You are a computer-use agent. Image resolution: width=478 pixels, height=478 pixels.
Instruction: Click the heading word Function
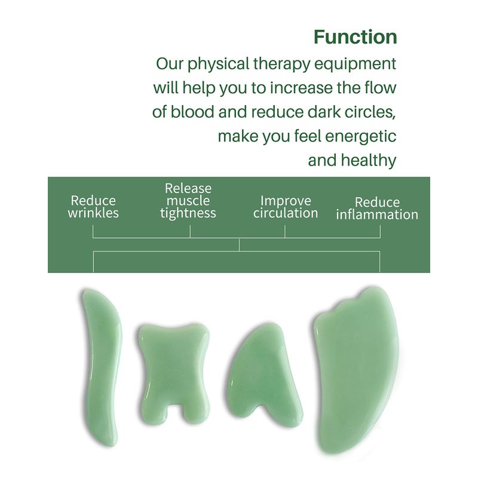355,37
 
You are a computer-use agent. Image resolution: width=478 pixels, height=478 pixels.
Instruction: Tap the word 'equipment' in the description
355,65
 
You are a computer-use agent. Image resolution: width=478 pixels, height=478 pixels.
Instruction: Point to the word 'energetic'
361,137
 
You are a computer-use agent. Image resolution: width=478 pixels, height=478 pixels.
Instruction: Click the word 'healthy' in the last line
369,161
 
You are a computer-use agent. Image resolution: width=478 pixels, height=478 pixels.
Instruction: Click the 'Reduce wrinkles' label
93,207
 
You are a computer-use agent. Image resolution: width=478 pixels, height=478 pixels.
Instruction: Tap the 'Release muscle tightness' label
188,201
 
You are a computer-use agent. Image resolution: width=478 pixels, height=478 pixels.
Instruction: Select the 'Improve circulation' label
286,207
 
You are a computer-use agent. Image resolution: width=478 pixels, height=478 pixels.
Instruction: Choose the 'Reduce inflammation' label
377,208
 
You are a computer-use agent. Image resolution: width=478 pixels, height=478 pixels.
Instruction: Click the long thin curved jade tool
102,367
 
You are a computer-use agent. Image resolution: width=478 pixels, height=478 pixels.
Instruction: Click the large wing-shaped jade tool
357,369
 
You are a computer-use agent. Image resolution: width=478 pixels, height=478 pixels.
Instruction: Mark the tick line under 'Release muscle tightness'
190,231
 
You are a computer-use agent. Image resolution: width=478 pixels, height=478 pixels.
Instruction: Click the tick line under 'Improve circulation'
285,231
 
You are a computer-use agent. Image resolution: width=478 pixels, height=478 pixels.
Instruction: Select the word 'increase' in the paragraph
301,88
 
